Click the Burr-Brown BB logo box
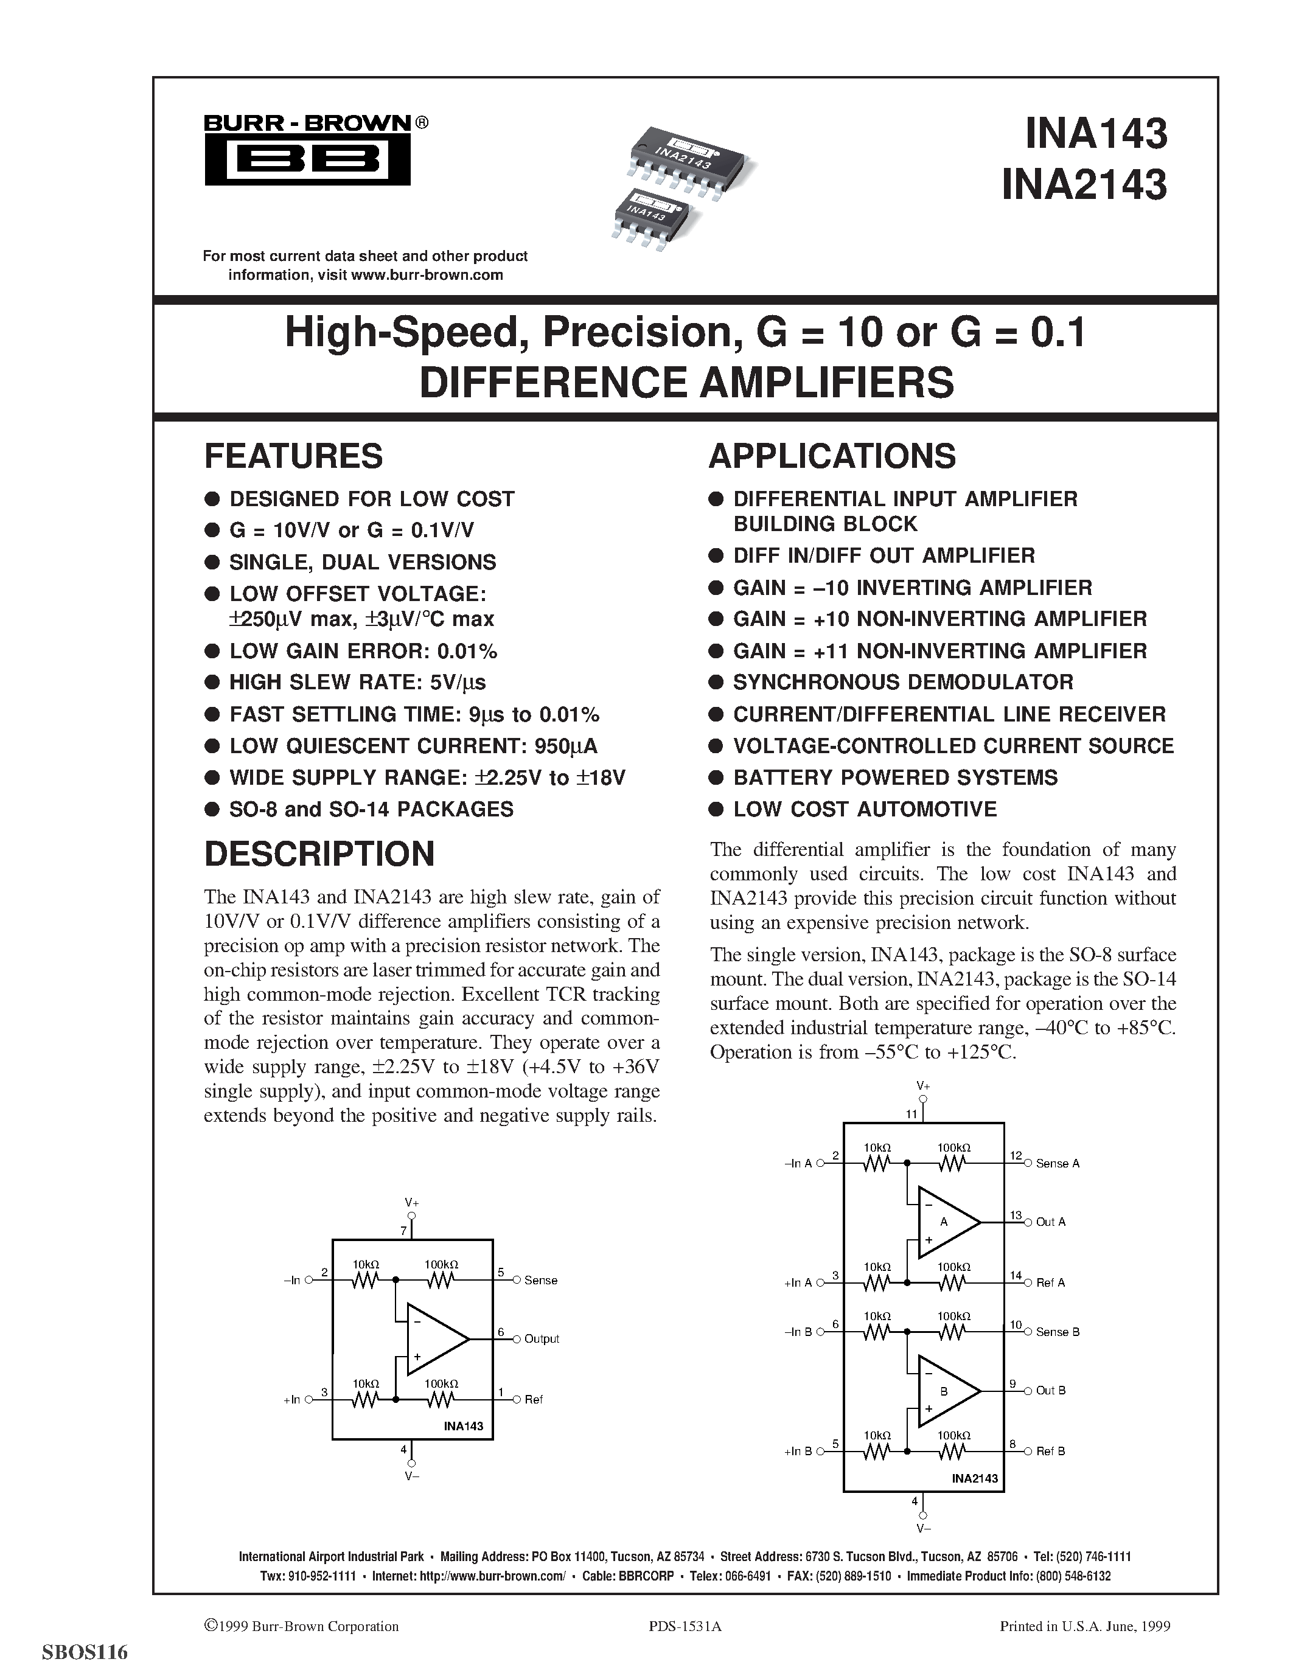[x=307, y=159]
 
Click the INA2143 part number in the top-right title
[x=1084, y=184]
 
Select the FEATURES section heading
[x=293, y=456]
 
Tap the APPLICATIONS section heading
[x=832, y=456]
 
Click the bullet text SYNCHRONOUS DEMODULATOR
[x=903, y=683]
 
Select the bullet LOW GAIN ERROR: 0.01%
[x=363, y=651]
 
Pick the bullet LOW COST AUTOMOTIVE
[x=865, y=810]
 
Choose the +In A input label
[x=798, y=1283]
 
